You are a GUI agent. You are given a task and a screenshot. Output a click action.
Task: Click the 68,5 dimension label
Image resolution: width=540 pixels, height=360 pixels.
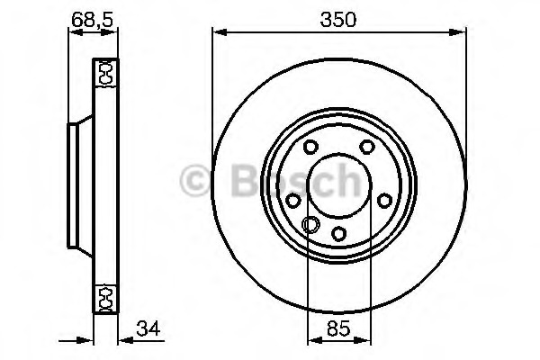(x=92, y=15)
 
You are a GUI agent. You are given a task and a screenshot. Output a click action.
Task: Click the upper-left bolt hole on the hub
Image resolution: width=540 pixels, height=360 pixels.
(x=310, y=148)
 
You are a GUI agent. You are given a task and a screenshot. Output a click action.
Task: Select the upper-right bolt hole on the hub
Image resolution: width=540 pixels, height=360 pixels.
(x=366, y=148)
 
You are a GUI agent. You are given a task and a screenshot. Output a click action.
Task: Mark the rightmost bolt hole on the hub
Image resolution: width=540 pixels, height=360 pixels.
(x=384, y=200)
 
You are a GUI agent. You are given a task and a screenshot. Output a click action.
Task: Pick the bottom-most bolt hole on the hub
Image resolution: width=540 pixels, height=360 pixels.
(x=339, y=233)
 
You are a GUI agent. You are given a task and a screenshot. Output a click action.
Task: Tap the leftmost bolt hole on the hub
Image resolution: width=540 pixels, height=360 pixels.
(x=294, y=200)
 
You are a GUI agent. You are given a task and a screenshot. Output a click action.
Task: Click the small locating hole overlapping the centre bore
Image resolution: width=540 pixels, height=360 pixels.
(x=310, y=225)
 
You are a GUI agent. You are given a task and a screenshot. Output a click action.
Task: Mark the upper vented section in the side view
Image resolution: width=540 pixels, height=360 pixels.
(x=104, y=72)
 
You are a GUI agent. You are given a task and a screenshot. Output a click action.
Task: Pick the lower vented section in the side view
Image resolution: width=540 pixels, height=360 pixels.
(x=104, y=296)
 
